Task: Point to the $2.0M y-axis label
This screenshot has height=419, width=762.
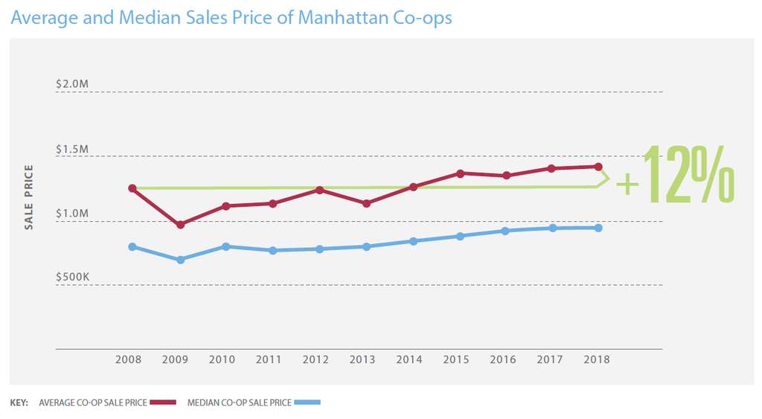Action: [72, 85]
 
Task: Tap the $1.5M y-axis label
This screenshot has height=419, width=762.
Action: [72, 150]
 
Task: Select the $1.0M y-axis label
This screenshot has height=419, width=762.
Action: [72, 214]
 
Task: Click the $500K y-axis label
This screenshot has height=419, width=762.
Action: [72, 278]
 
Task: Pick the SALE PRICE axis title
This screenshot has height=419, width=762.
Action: [29, 197]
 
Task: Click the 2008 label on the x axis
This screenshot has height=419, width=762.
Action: [129, 359]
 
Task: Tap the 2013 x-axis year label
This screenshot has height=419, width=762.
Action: [363, 359]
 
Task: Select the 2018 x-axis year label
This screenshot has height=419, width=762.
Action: [597, 359]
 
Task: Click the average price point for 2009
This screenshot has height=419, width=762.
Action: [180, 224]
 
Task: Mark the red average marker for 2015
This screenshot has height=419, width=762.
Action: [461, 173]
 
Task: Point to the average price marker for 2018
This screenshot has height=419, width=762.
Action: [598, 167]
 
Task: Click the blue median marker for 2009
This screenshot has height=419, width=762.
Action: [180, 260]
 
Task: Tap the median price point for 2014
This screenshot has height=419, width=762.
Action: [414, 241]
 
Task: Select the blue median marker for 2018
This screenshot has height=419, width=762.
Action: [598, 228]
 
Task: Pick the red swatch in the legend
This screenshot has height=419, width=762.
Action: [162, 403]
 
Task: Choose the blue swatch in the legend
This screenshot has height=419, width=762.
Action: [307, 403]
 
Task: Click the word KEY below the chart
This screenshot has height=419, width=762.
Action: [19, 403]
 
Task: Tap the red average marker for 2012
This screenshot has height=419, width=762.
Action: [319, 190]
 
